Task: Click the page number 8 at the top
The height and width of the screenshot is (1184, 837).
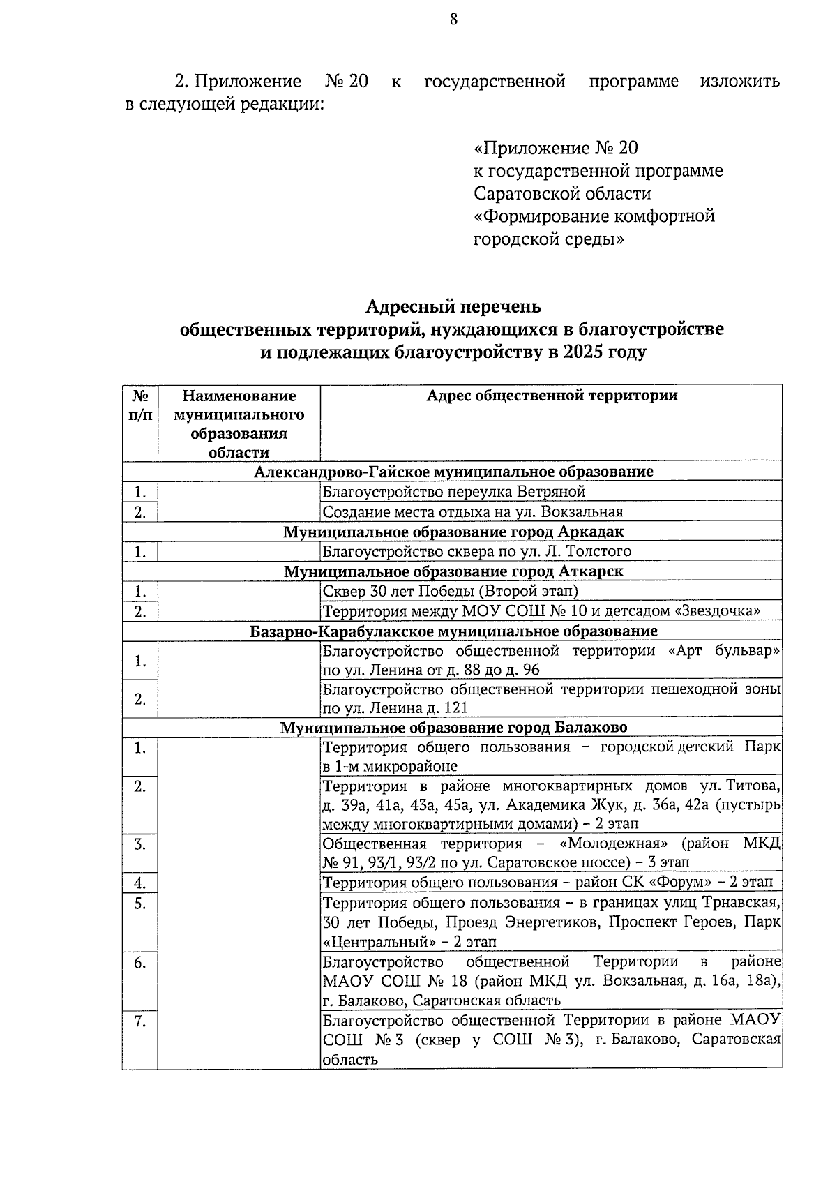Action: pos(453,20)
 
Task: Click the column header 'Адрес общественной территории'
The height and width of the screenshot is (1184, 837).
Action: pos(551,396)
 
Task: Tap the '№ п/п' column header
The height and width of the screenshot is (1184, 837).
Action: pos(140,405)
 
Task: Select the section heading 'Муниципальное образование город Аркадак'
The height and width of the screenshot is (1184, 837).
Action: pos(453,532)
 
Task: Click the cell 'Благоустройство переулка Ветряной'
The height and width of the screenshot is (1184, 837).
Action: pos(453,492)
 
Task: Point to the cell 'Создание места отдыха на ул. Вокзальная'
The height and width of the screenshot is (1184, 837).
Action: pos(472,512)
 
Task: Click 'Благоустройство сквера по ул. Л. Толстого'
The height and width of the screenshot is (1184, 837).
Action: pos(476,552)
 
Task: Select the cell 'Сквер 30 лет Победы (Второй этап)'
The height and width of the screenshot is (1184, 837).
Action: pos(451,592)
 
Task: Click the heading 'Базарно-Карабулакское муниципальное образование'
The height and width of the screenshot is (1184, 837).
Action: pos(453,631)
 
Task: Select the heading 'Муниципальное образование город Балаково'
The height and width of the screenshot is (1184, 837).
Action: pos(453,728)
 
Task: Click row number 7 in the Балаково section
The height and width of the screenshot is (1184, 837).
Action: pos(140,1022)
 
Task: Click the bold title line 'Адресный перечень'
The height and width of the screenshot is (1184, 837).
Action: pos(453,307)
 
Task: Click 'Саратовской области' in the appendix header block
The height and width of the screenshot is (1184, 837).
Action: pos(562,193)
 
